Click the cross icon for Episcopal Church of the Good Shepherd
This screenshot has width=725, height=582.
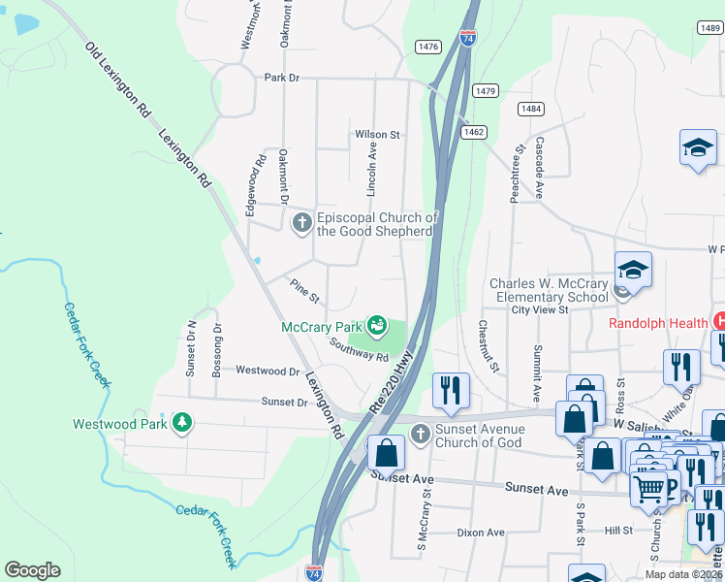click(x=301, y=224)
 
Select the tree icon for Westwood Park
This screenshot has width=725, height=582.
click(x=181, y=423)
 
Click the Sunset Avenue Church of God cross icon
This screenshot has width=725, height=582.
click(x=421, y=433)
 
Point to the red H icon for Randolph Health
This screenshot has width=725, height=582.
click(x=718, y=321)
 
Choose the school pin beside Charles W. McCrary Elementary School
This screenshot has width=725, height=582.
click(x=632, y=272)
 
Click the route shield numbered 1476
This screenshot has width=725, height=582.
click(x=427, y=47)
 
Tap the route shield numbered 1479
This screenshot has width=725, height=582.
click(x=486, y=90)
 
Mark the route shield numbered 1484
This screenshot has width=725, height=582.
click(x=530, y=109)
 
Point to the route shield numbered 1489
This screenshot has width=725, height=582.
click(x=709, y=29)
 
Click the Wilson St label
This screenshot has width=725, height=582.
click(x=377, y=134)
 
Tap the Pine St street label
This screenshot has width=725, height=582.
click(x=304, y=289)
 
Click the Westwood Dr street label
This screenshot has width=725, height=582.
click(x=268, y=371)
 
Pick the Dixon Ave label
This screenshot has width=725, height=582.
click(x=482, y=533)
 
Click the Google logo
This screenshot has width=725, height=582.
click(x=33, y=570)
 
